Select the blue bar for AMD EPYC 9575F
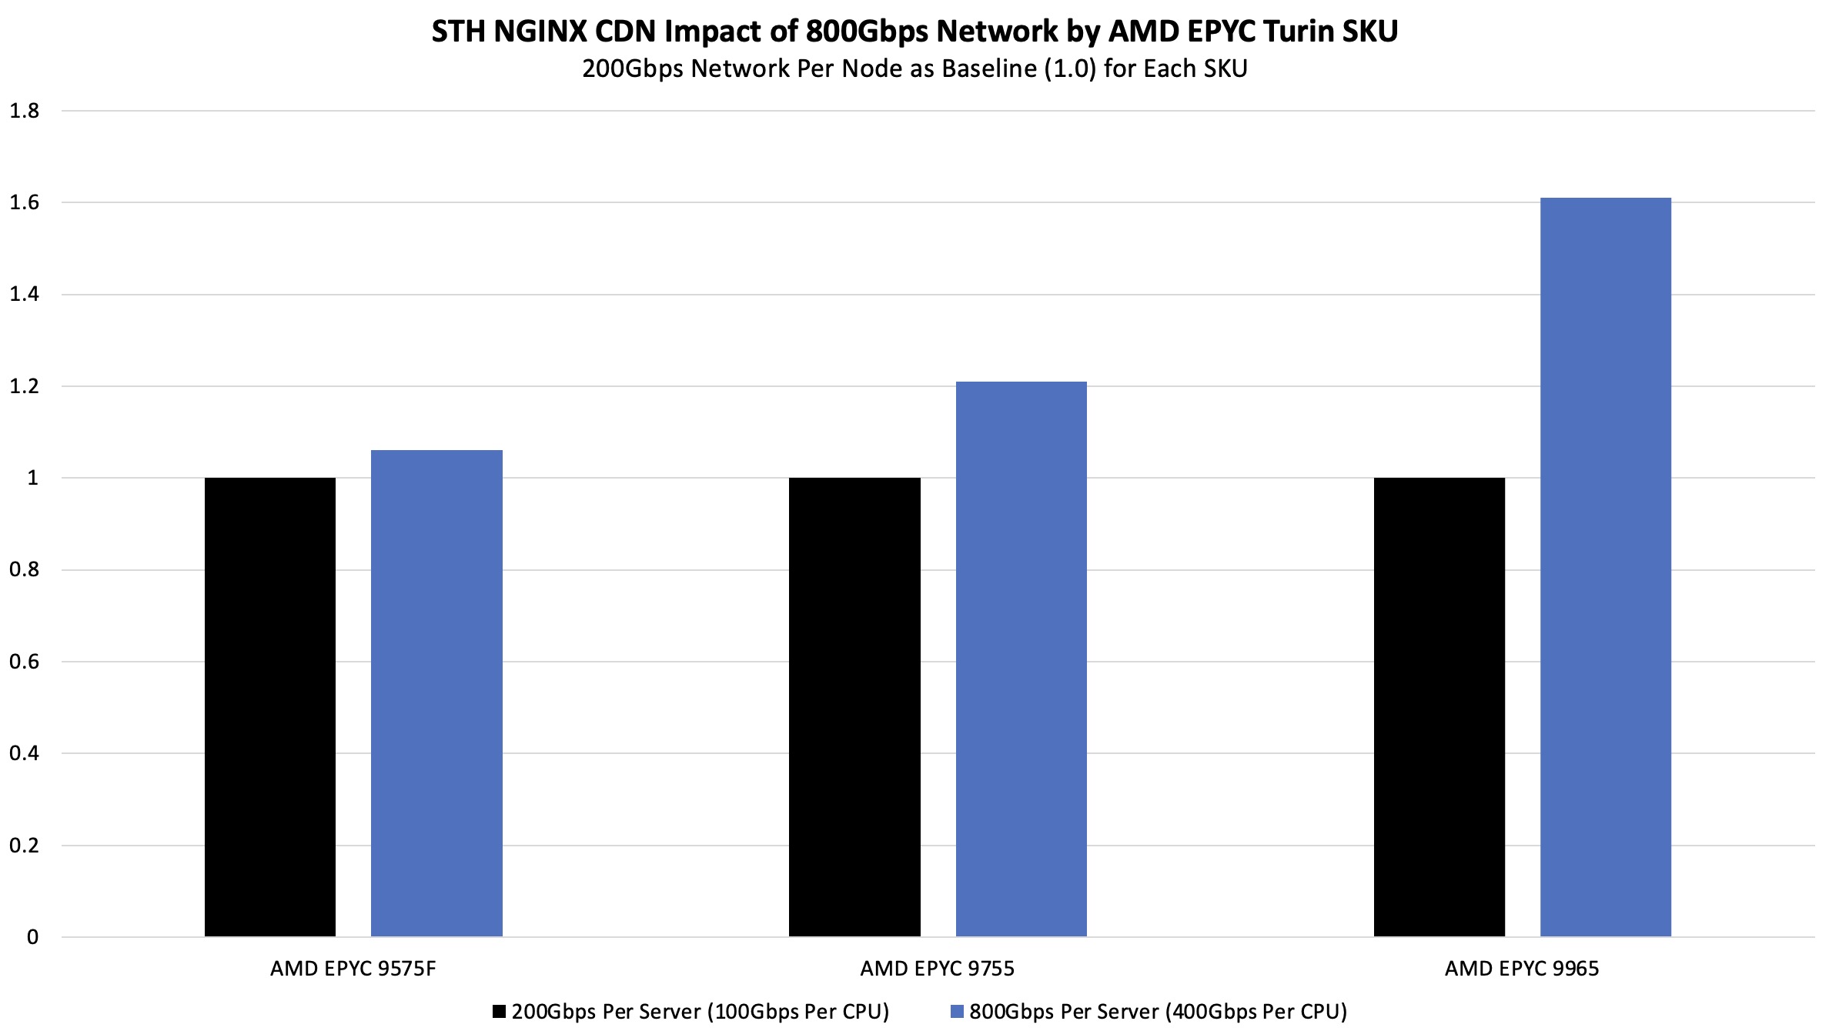[436, 692]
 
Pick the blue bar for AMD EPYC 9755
[1021, 659]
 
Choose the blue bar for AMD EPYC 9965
[1605, 567]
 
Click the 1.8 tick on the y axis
[24, 111]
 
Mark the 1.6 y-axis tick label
[24, 202]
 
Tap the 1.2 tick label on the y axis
[24, 386]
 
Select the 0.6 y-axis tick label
[24, 662]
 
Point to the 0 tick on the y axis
[32, 937]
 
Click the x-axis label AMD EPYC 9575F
[353, 969]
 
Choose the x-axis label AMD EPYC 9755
[937, 969]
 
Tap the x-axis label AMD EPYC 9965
[1521, 969]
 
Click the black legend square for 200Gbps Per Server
[500, 1011]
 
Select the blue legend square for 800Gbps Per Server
[957, 1011]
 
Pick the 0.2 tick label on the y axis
[24, 846]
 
